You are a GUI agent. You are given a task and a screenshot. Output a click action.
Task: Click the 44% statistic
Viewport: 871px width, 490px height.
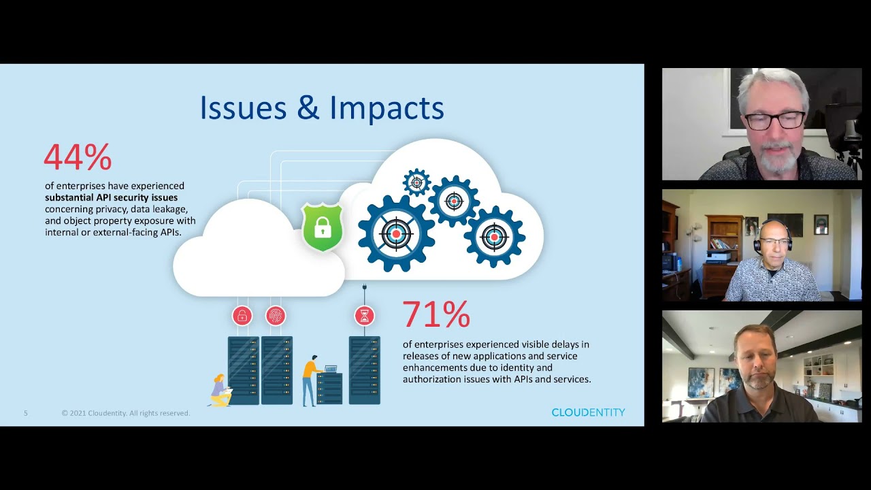coord(78,157)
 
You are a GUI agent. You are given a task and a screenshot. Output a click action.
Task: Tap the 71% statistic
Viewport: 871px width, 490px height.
coord(436,314)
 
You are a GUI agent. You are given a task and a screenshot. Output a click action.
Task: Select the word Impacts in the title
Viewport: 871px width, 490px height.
coord(387,108)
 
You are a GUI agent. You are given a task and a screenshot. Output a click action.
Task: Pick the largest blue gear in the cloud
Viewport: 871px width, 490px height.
coord(396,233)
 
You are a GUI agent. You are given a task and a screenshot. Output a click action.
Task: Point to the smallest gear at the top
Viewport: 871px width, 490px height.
coord(416,182)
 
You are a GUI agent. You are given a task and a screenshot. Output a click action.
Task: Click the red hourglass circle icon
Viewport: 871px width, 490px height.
coord(365,316)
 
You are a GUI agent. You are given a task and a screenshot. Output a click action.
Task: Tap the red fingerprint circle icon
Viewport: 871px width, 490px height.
coord(276,316)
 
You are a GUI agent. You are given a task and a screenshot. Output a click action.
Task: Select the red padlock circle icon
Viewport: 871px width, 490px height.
coord(242,316)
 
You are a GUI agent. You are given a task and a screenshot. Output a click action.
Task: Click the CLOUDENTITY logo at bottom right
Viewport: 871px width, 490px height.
coord(588,412)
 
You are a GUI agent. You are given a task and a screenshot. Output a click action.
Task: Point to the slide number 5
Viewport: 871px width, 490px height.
coord(26,413)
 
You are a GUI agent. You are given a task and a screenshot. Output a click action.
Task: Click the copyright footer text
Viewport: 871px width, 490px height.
coord(126,413)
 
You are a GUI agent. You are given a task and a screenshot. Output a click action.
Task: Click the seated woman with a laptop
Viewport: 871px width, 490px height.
coord(220,391)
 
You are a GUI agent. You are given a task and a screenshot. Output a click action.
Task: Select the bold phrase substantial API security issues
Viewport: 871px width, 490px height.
coord(111,197)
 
